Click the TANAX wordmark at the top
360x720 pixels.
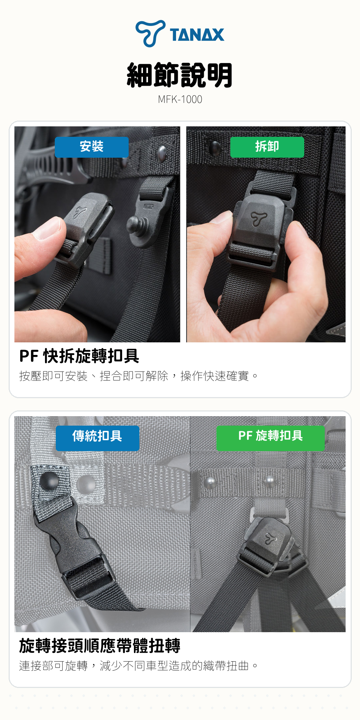click(197, 35)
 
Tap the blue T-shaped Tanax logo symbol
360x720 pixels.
click(150, 33)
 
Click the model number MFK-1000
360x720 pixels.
click(180, 99)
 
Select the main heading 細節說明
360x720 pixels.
click(180, 75)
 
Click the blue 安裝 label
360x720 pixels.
click(91, 147)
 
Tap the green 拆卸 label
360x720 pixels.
click(267, 147)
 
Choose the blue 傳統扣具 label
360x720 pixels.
click(97, 438)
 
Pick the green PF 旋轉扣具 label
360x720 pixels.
click(270, 438)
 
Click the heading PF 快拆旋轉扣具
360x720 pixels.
click(79, 356)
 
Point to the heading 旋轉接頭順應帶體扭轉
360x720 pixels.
click(100, 645)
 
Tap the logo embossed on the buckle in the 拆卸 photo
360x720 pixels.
click(258, 219)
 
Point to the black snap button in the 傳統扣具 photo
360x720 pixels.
click(49, 481)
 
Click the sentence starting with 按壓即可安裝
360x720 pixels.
click(139, 376)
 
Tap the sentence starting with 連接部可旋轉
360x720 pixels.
click(139, 666)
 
